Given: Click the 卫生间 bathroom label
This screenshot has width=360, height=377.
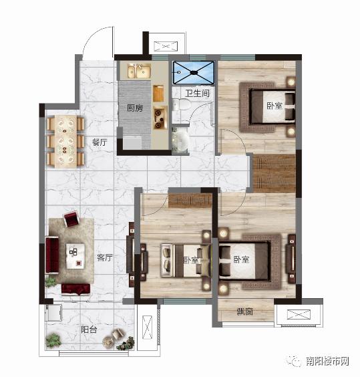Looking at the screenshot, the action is pyautogui.click(x=197, y=93).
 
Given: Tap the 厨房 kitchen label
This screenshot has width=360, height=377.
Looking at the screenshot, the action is pyautogui.click(x=135, y=108).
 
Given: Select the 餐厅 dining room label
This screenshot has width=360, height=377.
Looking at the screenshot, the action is pyautogui.click(x=100, y=142).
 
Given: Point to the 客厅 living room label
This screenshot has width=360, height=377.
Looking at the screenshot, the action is pyautogui.click(x=105, y=257).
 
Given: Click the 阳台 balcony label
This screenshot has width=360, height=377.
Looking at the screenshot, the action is pyautogui.click(x=89, y=330).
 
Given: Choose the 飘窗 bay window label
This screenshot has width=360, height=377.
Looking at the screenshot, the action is pyautogui.click(x=245, y=312).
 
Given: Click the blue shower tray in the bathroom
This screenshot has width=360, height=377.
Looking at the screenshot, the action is pyautogui.click(x=194, y=72).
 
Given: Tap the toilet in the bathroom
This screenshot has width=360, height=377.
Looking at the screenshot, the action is pyautogui.click(x=182, y=105).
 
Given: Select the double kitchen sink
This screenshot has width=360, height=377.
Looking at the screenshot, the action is pyautogui.click(x=139, y=71).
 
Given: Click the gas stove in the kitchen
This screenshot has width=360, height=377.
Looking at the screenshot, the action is pyautogui.click(x=160, y=118).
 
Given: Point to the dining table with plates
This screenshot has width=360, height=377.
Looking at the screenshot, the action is pyautogui.click(x=65, y=141).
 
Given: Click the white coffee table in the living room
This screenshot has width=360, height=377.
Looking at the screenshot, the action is pyautogui.click(x=75, y=256).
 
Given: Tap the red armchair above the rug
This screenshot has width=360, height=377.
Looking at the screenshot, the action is pyautogui.click(x=71, y=219).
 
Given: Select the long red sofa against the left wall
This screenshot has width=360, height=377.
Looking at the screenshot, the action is pyautogui.click(x=52, y=255).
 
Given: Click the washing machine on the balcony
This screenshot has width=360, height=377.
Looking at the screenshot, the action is pyautogui.click(x=54, y=313).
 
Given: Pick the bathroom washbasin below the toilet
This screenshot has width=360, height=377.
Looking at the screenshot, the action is pyautogui.click(x=180, y=140).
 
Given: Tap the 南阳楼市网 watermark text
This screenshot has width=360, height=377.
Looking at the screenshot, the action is pyautogui.click(x=327, y=361).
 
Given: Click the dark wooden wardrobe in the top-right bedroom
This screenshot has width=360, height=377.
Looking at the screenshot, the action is pyautogui.click(x=274, y=173).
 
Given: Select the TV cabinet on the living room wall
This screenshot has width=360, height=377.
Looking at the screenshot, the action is pyautogui.click(x=131, y=254).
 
